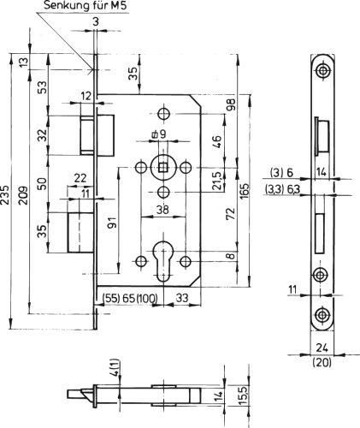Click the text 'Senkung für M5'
click(x=85, y=6)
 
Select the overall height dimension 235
click(x=5, y=195)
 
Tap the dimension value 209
click(x=24, y=195)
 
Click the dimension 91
click(x=112, y=222)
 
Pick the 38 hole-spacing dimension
click(x=162, y=210)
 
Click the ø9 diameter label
click(x=158, y=134)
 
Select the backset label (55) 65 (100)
click(x=130, y=298)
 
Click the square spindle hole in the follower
click(x=163, y=168)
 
